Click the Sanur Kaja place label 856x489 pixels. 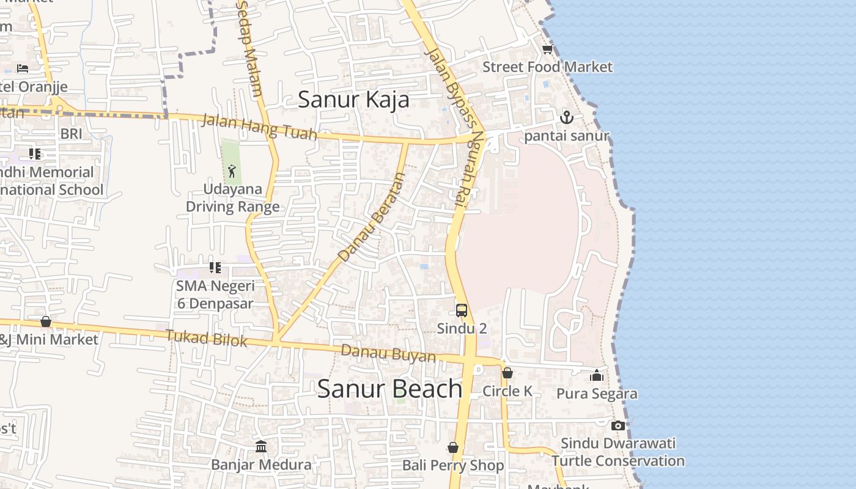(x=353, y=99)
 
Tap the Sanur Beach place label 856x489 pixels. (x=389, y=389)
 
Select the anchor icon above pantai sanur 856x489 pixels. (x=567, y=117)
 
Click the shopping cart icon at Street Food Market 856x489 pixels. (x=547, y=50)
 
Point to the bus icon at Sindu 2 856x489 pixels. (x=462, y=310)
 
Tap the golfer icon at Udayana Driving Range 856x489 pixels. (x=232, y=171)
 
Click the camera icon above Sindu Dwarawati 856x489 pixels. (x=618, y=425)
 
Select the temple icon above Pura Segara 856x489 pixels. (x=597, y=375)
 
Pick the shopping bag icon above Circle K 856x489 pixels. (x=507, y=373)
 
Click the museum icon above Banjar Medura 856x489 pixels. (x=261, y=447)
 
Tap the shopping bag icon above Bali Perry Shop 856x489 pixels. (x=453, y=448)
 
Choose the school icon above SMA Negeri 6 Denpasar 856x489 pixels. (x=215, y=268)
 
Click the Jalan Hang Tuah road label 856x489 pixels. (x=259, y=127)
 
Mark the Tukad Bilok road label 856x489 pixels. (x=206, y=337)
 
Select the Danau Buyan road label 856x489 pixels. (x=388, y=353)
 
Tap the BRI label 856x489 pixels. (x=71, y=133)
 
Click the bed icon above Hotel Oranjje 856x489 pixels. (x=23, y=68)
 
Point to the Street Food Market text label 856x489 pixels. (x=547, y=67)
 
